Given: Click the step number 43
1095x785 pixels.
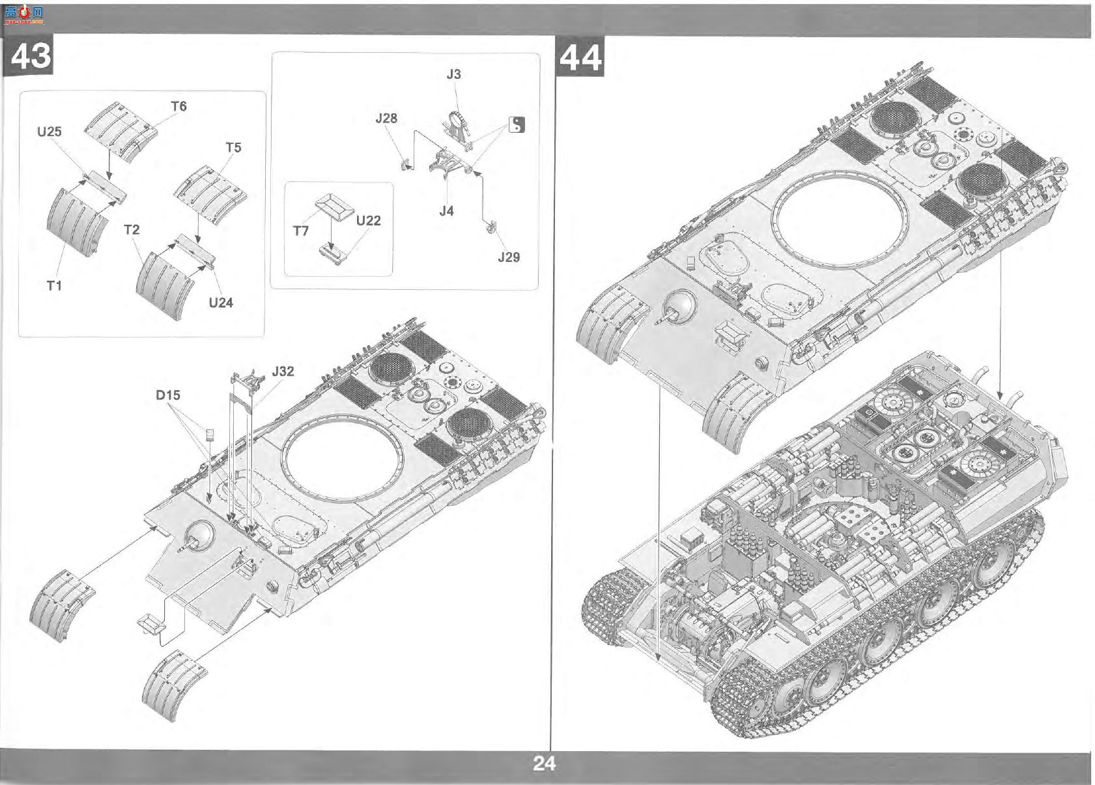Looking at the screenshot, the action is (31, 56).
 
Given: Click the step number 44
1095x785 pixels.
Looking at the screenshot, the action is (580, 58).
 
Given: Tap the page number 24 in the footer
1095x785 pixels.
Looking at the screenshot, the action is (545, 764).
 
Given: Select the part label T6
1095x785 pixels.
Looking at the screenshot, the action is (179, 106).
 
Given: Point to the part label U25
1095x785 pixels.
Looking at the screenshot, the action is (50, 132).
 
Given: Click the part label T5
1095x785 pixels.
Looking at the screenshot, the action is (234, 147).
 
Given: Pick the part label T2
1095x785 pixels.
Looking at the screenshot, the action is (132, 229).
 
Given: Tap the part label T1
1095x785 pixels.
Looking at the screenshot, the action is (54, 285).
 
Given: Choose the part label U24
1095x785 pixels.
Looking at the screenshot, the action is (221, 302).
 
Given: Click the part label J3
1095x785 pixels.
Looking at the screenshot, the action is (453, 74).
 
